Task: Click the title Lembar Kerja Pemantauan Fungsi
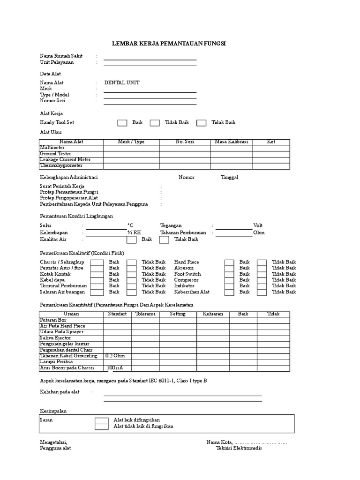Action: pos(169,43)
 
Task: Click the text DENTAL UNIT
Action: pos(121,82)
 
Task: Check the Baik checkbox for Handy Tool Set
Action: pos(122,123)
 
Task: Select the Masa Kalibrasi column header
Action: pos(232,142)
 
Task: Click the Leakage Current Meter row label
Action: pos(65,160)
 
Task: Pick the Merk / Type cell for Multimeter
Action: pos(131,148)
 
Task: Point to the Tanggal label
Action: pos(229,177)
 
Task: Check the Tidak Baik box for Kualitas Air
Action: pos(164,240)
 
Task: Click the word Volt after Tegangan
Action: pos(258,225)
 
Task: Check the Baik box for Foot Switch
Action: pos(229,274)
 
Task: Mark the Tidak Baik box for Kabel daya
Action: pos(132,280)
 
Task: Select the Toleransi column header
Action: pos(145,314)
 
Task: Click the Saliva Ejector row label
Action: pos(55,338)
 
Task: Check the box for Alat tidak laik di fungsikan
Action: pos(101,427)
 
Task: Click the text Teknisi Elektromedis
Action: pos(239,448)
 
